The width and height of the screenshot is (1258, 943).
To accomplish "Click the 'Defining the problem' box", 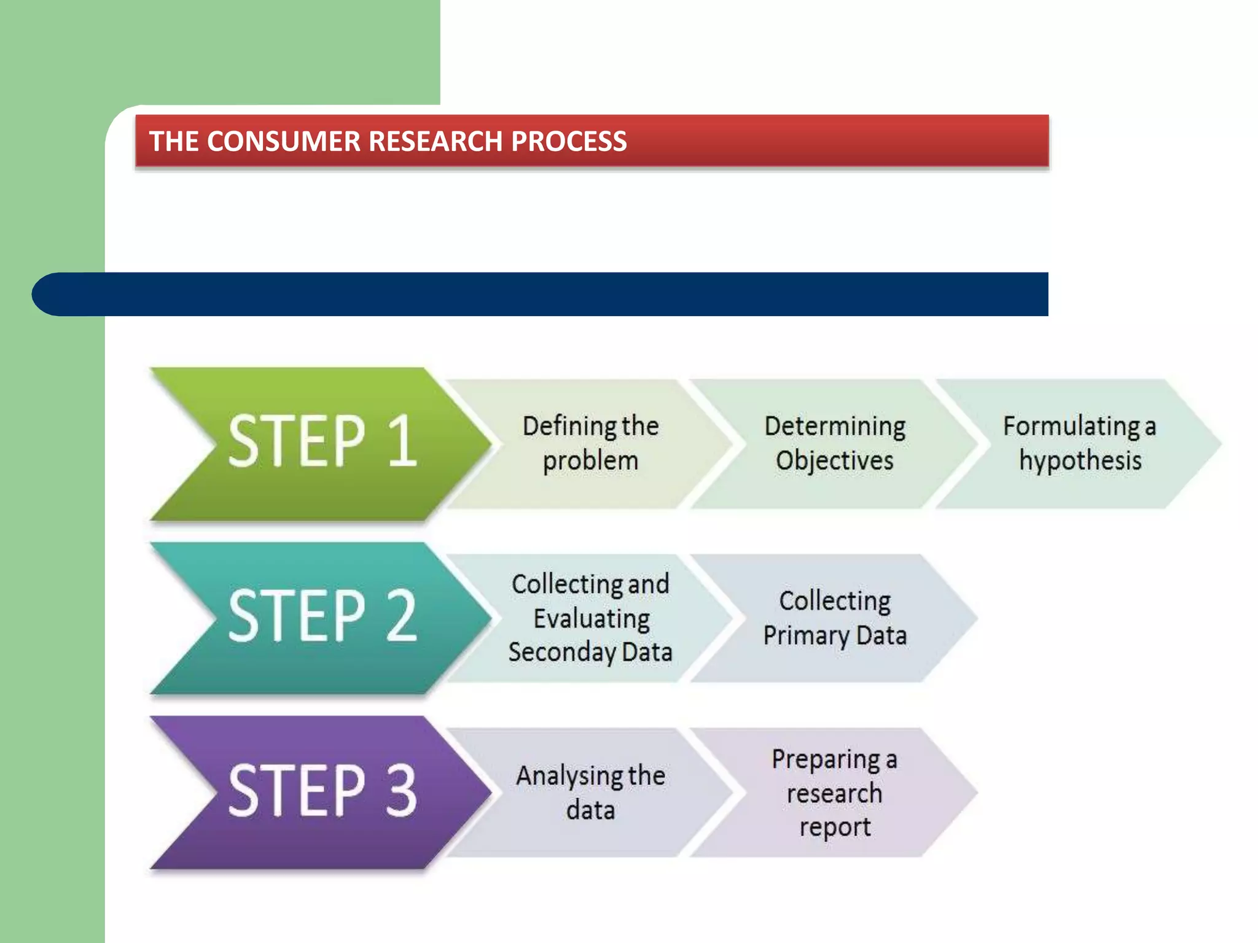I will pyautogui.click(x=590, y=443).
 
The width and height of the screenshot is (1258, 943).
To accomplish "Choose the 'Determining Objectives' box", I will pyautogui.click(x=834, y=443).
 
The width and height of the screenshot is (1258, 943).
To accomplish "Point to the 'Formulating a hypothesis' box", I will pyautogui.click(x=1079, y=443).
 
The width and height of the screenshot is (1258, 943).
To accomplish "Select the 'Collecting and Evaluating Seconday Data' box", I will pyautogui.click(x=590, y=618).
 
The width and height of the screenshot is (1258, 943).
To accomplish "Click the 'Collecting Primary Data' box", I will pyautogui.click(x=834, y=618).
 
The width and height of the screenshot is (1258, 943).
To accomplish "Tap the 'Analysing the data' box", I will pyautogui.click(x=590, y=792).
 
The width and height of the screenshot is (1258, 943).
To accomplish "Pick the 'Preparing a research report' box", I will pyautogui.click(x=834, y=792).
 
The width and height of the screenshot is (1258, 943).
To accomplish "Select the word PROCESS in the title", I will pyautogui.click(x=569, y=142).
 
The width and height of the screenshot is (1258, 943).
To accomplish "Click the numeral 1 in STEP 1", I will pyautogui.click(x=403, y=441).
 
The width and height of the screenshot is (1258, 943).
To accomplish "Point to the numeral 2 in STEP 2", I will pyautogui.click(x=402, y=616).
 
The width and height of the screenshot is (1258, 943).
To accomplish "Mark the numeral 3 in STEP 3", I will pyautogui.click(x=402, y=790).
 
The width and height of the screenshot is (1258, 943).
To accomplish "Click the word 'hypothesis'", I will pyautogui.click(x=1080, y=460).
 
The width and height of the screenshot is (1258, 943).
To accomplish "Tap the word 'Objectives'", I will pyautogui.click(x=834, y=460).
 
